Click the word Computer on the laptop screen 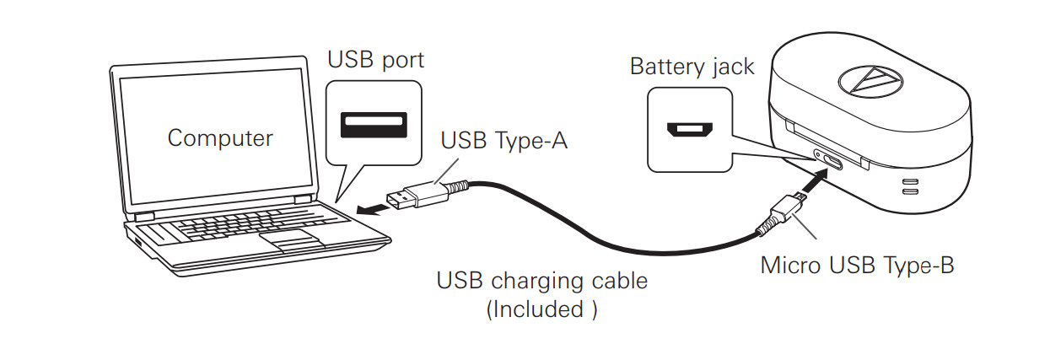220,137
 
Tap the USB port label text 375,61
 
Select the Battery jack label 692,67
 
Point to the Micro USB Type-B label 857,265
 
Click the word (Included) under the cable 541,309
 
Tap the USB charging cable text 541,280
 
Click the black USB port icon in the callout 374,124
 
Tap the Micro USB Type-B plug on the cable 783,210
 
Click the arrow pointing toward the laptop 368,207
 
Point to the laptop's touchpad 290,241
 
